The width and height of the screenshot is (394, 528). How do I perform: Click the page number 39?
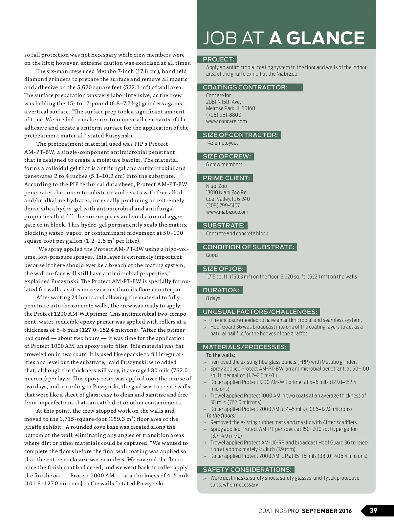click(x=373, y=511)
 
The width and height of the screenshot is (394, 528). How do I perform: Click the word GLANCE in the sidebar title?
click(x=325, y=38)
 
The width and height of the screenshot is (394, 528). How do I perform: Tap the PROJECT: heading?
click(x=218, y=60)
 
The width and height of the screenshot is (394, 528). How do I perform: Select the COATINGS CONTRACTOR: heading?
click(x=245, y=87)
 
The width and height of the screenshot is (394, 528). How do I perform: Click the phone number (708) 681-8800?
click(x=224, y=115)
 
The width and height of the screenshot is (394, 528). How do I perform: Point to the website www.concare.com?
click(x=226, y=121)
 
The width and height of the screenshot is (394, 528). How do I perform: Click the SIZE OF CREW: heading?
click(x=227, y=156)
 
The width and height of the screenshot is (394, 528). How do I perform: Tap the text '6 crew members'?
click(x=224, y=165)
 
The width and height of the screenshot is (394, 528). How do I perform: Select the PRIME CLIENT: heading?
click(x=226, y=178)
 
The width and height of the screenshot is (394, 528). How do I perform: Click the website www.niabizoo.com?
click(x=227, y=212)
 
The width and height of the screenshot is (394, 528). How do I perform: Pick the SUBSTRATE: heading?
click(x=224, y=226)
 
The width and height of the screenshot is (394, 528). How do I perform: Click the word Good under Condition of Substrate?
click(x=212, y=255)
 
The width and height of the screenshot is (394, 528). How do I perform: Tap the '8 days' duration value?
click(x=213, y=298)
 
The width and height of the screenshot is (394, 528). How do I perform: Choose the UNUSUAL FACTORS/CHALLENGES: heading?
click(x=260, y=312)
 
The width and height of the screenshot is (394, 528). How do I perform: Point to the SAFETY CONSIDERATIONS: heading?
click(x=247, y=470)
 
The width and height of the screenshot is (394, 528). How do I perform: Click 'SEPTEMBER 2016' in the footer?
click(x=327, y=511)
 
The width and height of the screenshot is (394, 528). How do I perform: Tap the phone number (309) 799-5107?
click(x=223, y=205)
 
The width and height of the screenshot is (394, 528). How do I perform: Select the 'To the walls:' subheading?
click(x=220, y=355)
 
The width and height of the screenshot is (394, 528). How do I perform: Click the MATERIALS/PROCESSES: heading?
click(x=245, y=347)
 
